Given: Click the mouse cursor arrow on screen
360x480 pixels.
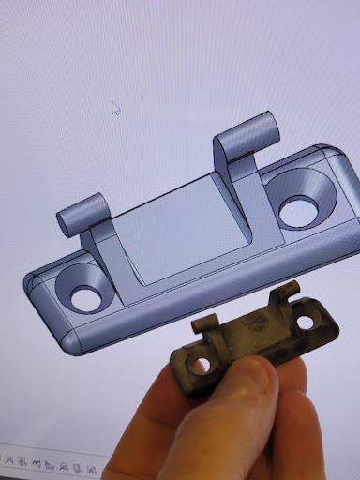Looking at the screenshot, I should pos(116,108).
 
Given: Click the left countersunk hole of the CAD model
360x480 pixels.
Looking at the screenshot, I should pos(82,292).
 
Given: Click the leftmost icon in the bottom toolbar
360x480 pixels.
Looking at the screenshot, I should pos(6,459).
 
